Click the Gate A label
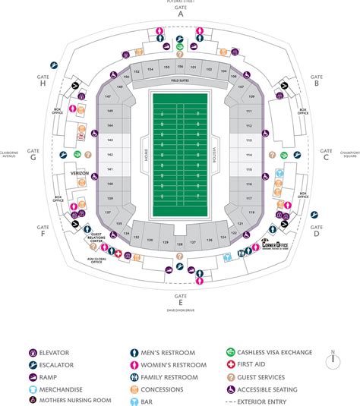180,11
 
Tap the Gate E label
180,300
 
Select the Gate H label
43,80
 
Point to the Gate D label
315,231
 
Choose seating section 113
248,142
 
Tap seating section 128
179,243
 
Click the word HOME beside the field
138,156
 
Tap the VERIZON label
69,173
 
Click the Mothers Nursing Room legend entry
70,400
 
